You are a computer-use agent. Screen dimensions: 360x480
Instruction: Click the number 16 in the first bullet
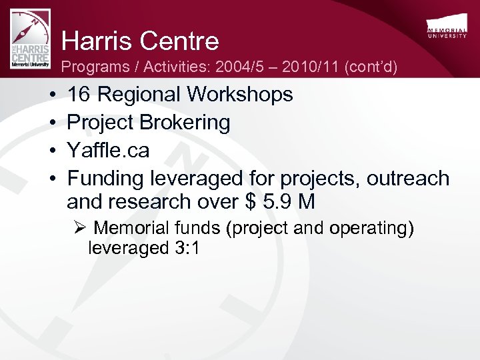(79, 95)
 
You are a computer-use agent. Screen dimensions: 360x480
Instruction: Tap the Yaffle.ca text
(109, 151)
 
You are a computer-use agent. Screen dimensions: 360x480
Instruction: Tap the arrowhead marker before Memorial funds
(80, 229)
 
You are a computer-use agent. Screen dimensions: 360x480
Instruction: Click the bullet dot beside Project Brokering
(52, 123)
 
